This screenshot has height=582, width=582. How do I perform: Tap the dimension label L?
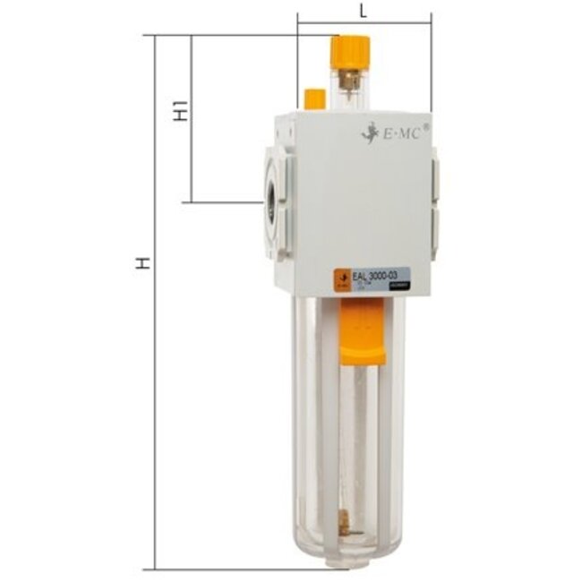[362, 11]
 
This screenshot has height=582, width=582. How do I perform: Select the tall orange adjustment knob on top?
[349, 50]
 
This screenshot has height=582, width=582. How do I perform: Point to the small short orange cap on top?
[314, 98]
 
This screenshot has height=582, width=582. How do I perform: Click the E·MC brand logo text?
[401, 133]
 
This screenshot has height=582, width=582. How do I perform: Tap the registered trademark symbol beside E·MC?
[425, 127]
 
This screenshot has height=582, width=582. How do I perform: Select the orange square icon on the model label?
[342, 278]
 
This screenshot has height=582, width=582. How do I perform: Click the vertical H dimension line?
[156, 358]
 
